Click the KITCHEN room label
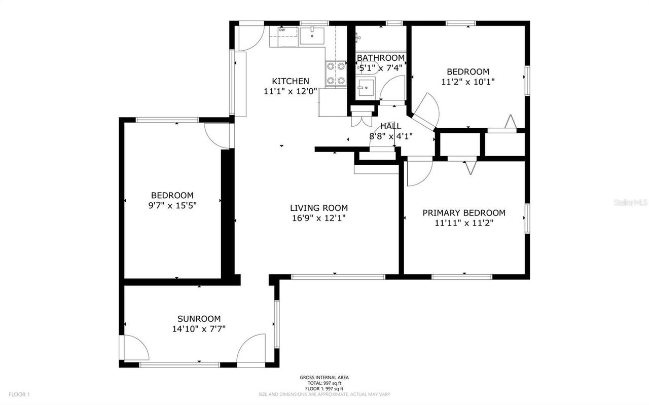pos(291,81)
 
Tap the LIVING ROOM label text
pos(319,208)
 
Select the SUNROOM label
pos(199,319)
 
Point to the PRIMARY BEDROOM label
pos(464,213)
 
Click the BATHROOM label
pos(381,58)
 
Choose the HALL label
pos(390,126)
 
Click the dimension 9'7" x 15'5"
pos(172,205)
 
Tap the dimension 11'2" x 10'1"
pos(468,82)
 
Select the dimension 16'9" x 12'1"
pos(319,218)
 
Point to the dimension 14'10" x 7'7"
pos(199,329)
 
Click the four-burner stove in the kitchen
pos(335,73)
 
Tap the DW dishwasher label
pos(282,30)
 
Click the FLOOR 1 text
pos(19,394)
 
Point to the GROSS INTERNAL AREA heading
pos(324,378)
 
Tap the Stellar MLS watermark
pos(630,202)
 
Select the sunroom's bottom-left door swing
pos(135,348)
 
